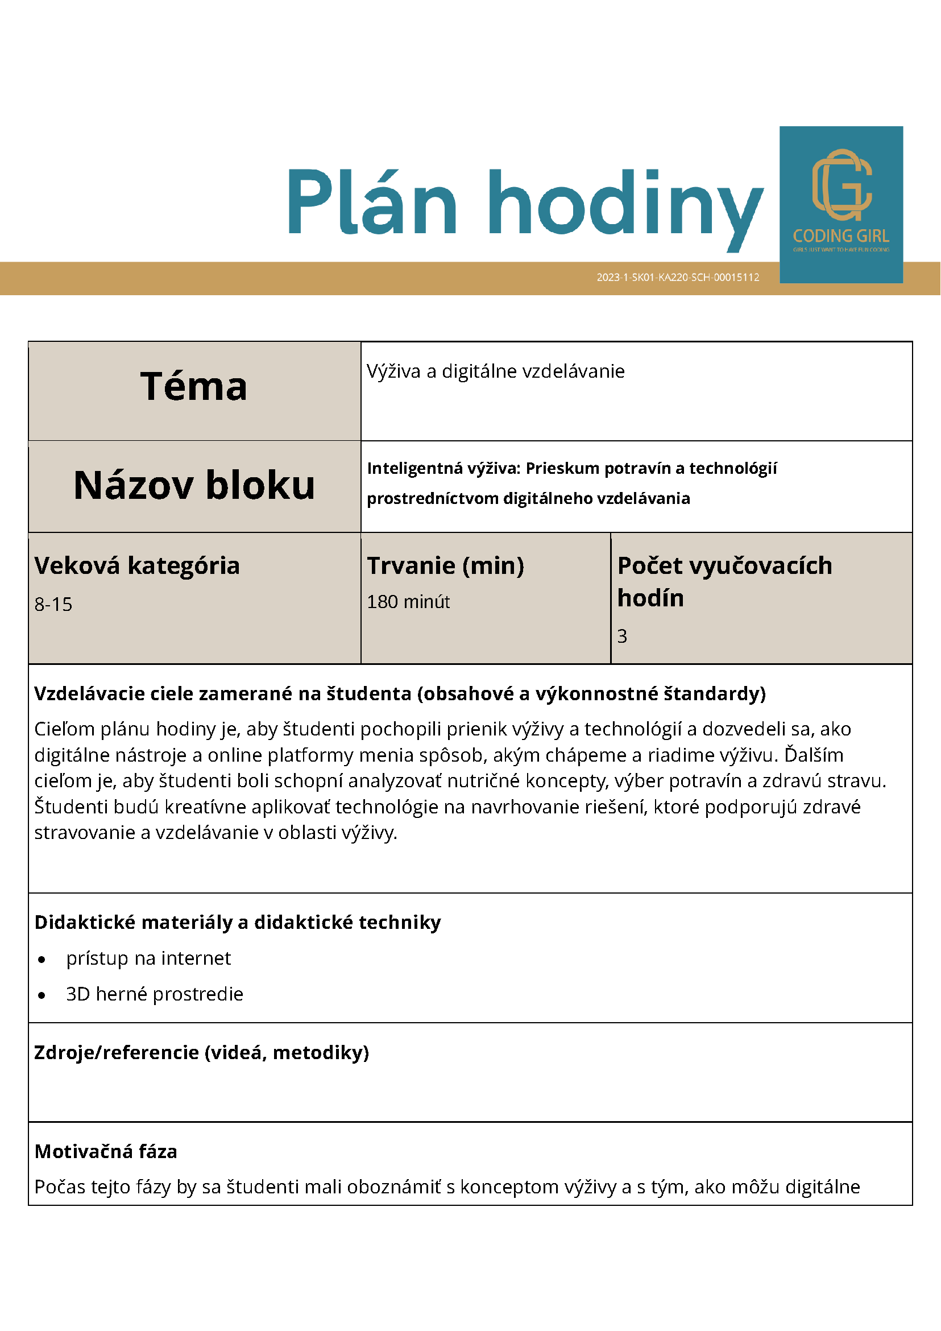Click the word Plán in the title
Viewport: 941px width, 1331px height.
pos(372,202)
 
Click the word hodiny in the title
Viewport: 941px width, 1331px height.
pos(625,207)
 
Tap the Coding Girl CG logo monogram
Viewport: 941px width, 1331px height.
pos(841,184)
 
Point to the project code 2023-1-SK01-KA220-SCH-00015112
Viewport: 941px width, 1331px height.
pos(677,277)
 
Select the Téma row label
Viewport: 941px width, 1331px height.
pos(193,387)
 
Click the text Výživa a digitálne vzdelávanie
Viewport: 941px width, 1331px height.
pos(495,371)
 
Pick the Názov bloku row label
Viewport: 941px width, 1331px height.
pos(194,485)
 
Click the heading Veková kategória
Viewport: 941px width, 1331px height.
pos(137,565)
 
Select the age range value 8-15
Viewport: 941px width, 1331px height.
pos(53,604)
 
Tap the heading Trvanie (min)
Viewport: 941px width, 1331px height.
pos(445,565)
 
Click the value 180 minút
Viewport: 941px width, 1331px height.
pos(408,602)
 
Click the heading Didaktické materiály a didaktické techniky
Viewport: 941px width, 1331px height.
pos(238,921)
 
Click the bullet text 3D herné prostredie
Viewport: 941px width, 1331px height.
pos(155,994)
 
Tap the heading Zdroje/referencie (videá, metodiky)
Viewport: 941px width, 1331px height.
pos(202,1052)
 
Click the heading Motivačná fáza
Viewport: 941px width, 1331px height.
pos(106,1151)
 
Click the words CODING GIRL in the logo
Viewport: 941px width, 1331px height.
pos(841,236)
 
